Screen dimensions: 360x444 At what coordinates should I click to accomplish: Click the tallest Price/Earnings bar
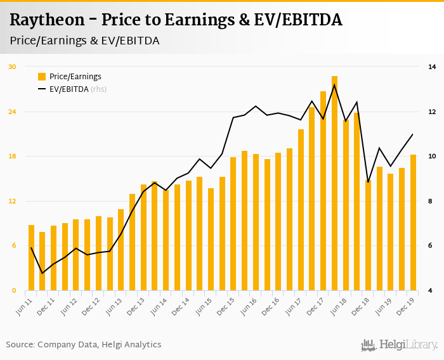pos(334,184)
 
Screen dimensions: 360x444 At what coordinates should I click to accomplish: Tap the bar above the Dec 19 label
pos(413,222)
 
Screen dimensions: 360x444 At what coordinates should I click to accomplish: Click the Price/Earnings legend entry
pos(75,77)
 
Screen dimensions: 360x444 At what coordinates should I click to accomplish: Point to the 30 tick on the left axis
pos(12,67)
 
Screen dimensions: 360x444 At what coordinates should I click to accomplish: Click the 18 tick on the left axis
pos(12,157)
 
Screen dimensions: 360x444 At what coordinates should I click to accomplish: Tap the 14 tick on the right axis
pos(432,67)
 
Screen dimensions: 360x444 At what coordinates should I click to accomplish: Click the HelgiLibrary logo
pos(400,345)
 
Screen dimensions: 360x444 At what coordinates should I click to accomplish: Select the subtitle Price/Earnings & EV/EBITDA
pos(84,41)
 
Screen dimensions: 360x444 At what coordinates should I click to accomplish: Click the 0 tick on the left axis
pos(14,291)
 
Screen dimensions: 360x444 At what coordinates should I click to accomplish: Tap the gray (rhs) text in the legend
pos(99,89)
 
